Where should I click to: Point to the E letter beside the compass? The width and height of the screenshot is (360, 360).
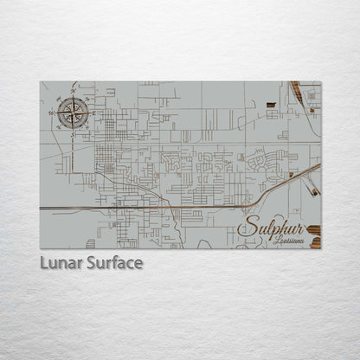(91, 112)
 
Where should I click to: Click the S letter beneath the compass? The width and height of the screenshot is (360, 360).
(73, 129)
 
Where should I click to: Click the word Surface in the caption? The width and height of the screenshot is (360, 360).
(114, 262)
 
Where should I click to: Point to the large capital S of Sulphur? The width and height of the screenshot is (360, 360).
(246, 228)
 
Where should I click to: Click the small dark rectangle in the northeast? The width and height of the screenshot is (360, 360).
(271, 104)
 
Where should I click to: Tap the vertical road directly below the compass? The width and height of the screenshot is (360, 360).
(74, 151)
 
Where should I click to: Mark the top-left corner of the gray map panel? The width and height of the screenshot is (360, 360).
(40, 82)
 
